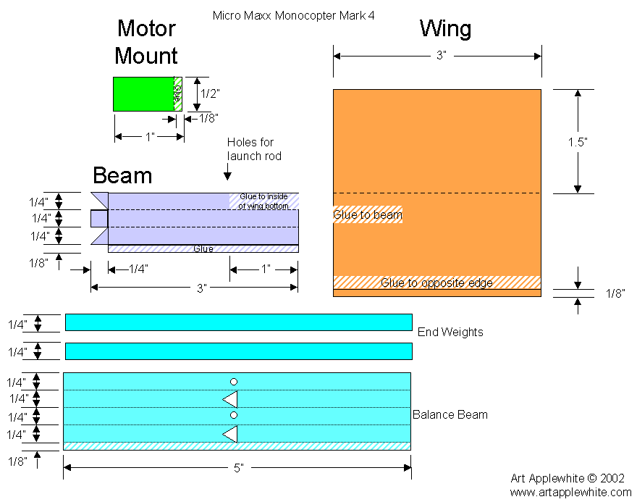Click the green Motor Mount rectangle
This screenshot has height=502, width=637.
pyautogui.click(x=143, y=94)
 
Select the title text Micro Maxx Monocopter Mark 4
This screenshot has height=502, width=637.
pyautogui.click(x=293, y=14)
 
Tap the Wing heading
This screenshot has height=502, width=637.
pyautogui.click(x=445, y=29)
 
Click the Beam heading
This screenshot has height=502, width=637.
pyautogui.click(x=122, y=175)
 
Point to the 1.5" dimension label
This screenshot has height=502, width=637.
pyautogui.click(x=577, y=142)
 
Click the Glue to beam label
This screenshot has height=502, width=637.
pyautogui.click(x=367, y=214)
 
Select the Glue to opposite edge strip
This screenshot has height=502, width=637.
pyautogui.click(x=436, y=283)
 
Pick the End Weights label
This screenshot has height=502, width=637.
pyautogui.click(x=450, y=332)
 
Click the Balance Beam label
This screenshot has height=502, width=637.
pyautogui.click(x=450, y=415)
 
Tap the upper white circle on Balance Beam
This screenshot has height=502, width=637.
pyautogui.click(x=233, y=382)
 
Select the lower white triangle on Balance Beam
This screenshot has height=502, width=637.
pyautogui.click(x=230, y=434)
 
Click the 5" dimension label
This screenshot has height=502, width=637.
pyautogui.click(x=237, y=468)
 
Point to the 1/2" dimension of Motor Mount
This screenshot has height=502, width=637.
pyautogui.click(x=210, y=93)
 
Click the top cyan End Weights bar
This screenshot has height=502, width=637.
pyautogui.click(x=238, y=322)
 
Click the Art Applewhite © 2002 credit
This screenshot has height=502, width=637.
pyautogui.click(x=568, y=478)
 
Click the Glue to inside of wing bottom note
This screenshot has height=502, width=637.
pyautogui.click(x=264, y=201)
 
